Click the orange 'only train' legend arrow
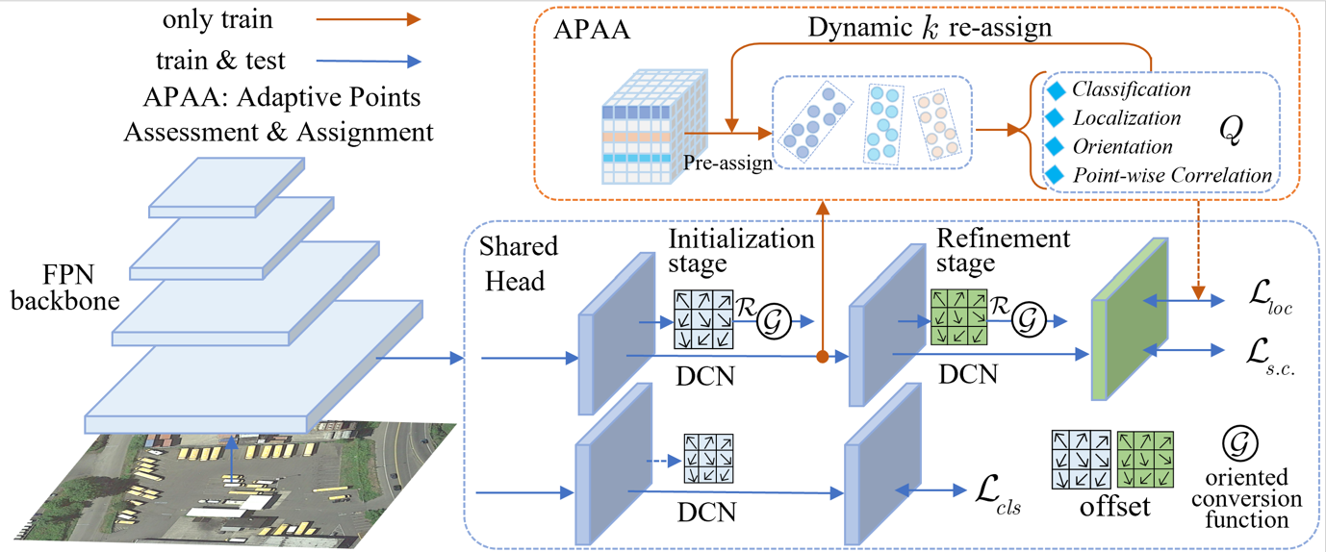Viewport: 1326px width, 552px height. [369, 19]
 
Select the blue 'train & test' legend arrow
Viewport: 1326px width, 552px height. [369, 61]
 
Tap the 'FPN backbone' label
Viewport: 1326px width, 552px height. [65, 288]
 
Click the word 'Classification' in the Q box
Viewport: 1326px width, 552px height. [1132, 89]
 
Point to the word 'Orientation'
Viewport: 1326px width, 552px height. [1122, 147]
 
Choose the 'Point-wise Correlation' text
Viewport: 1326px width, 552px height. [1172, 175]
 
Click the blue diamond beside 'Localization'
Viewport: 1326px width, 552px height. [1055, 118]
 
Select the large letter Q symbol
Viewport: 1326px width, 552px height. [1232, 130]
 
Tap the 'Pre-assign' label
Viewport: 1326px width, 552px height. [727, 163]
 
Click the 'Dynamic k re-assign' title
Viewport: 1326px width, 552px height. [930, 28]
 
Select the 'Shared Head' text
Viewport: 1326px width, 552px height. [519, 263]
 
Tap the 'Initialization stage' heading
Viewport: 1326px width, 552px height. [741, 251]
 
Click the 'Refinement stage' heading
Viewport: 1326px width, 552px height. [1004, 250]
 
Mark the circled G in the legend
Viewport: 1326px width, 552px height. [1240, 443]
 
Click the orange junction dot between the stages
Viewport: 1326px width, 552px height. [822, 357]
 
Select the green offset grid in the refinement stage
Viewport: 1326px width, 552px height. [959, 317]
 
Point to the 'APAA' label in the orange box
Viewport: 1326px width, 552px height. [592, 30]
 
